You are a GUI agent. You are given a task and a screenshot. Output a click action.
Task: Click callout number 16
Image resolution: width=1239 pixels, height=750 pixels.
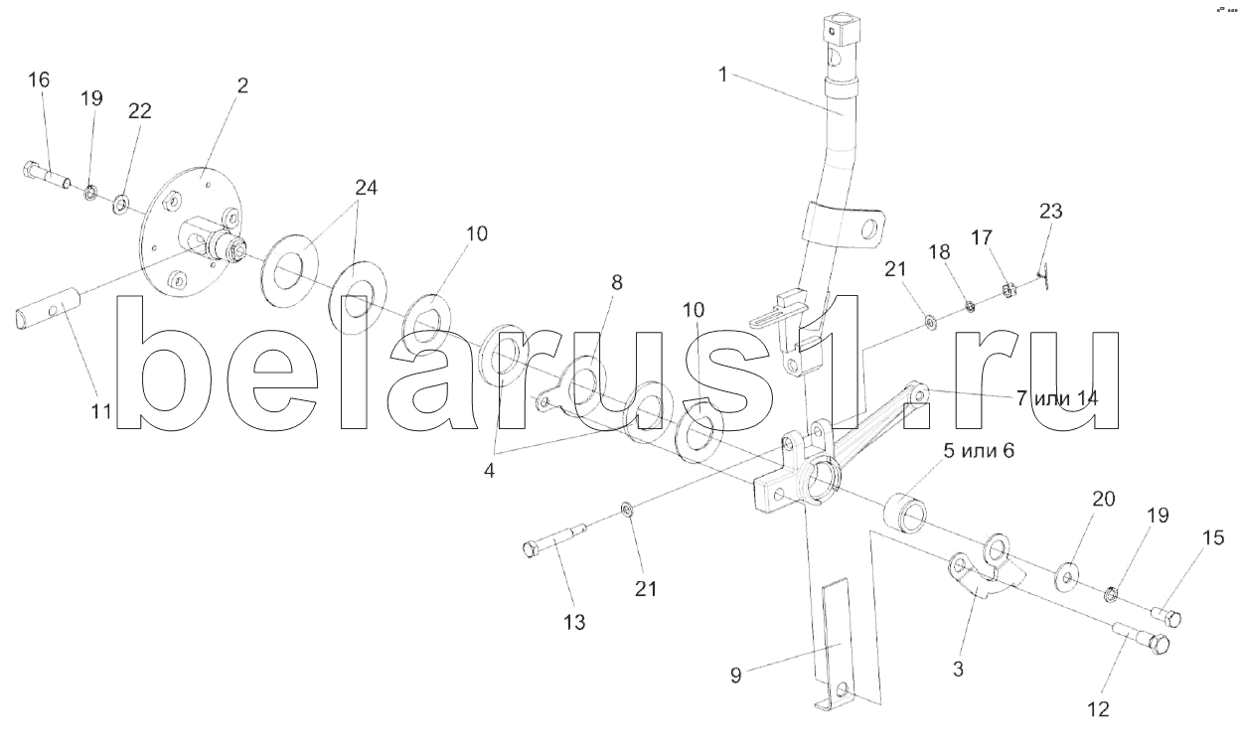coord(38,80)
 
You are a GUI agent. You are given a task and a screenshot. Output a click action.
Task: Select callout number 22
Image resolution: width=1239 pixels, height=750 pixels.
coord(139,111)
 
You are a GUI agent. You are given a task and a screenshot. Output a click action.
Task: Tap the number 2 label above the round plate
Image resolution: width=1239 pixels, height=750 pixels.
coord(241,85)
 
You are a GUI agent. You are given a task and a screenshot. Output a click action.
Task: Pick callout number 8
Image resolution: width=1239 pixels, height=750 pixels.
coord(616,282)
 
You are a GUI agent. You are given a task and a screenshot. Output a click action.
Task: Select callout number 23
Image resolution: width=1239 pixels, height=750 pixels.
coord(1050,211)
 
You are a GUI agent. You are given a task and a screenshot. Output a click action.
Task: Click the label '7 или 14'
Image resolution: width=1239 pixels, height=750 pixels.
coord(1056,398)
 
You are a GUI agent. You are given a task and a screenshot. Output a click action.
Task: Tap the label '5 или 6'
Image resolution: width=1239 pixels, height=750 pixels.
coord(979,450)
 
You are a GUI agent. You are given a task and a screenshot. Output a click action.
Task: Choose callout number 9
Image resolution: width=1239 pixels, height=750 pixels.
coord(736,676)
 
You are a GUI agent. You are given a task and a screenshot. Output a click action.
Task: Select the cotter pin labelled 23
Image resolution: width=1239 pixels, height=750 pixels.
coord(1041,272)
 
